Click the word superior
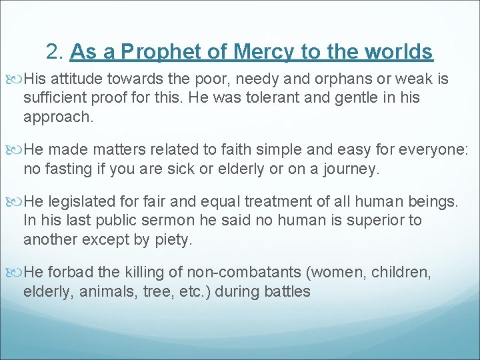pos(369,221)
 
